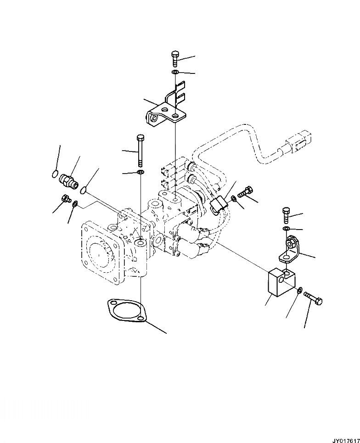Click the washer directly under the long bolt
[140, 172]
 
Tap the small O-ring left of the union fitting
[55, 174]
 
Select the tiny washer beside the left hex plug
[74, 204]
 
